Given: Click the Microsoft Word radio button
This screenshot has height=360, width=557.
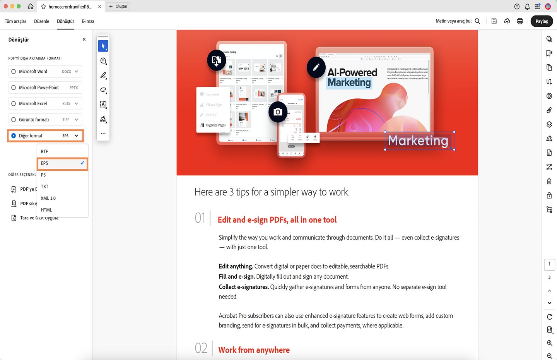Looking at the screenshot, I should (14, 72).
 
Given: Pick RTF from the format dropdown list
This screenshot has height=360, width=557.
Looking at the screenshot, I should (45, 152).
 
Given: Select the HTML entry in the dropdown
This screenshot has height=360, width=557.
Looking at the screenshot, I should (46, 210).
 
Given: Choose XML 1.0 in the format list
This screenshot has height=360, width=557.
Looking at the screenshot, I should (48, 198).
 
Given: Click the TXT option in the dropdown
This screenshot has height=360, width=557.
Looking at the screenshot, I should (45, 187).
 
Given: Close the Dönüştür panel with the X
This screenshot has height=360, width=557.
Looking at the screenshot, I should (84, 39).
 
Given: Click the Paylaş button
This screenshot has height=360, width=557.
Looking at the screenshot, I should (542, 21).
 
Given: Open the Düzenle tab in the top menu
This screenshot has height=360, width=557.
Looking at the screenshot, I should (41, 21).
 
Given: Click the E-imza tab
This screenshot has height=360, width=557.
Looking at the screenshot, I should (88, 21).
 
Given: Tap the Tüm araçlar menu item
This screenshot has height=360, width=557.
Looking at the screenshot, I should (15, 21).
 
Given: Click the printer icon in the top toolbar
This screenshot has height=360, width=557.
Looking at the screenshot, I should (520, 21).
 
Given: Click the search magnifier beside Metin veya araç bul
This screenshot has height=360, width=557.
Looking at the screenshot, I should (477, 21).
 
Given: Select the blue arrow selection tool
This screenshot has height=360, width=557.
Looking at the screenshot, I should (103, 46).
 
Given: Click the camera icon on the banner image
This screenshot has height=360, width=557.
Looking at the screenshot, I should (278, 112).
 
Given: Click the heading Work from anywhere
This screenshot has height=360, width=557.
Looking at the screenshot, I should (254, 350).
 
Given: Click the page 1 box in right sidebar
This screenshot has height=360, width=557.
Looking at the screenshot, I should (549, 264).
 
